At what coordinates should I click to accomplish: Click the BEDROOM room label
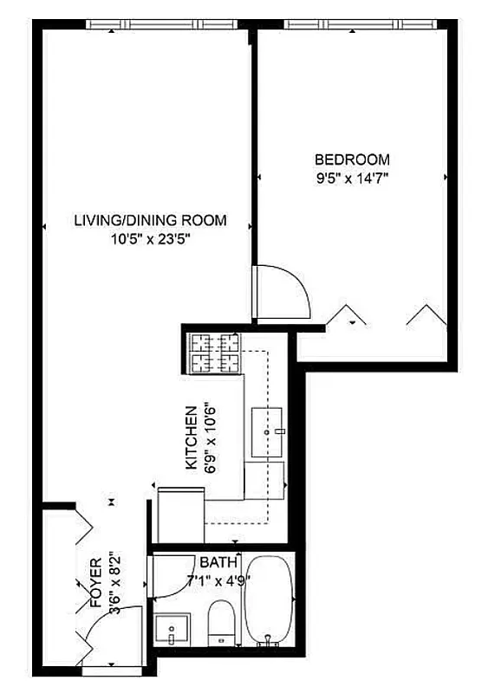(351, 159)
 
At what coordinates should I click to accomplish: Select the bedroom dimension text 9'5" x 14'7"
(351, 180)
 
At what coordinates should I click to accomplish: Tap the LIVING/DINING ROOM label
(150, 220)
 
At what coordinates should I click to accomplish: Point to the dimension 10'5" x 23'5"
(150, 240)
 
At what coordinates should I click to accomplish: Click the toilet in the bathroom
(222, 625)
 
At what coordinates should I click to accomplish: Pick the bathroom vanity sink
(173, 630)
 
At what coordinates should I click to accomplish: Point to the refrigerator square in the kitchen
(180, 516)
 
